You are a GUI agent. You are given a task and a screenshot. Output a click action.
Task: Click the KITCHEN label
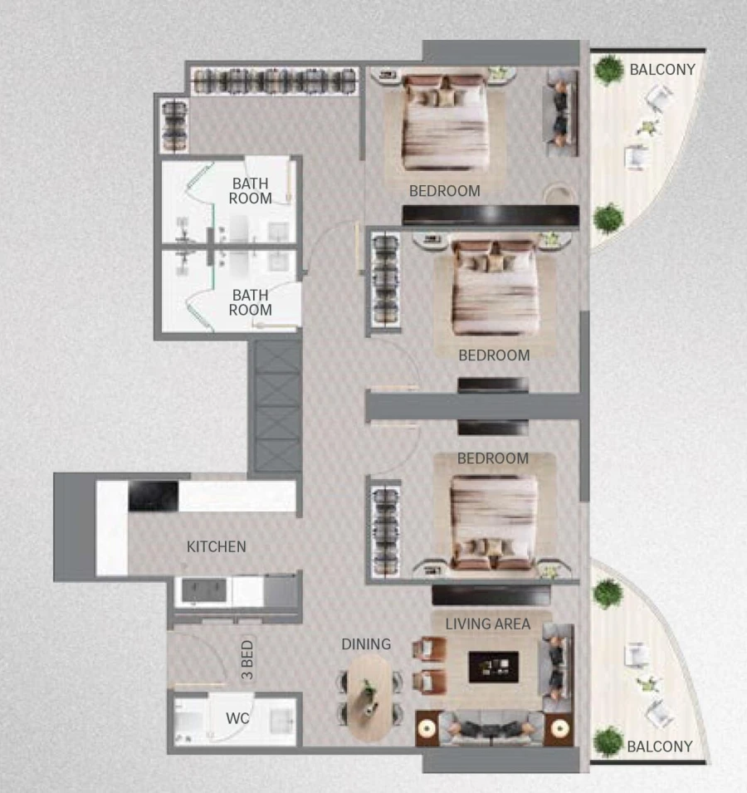(x=216, y=546)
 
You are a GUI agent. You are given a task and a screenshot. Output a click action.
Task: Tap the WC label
(x=238, y=717)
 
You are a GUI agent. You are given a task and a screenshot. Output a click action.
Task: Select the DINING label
(x=366, y=644)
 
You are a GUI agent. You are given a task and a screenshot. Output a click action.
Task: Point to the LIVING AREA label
(x=487, y=624)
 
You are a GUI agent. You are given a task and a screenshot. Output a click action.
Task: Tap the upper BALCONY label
(x=662, y=70)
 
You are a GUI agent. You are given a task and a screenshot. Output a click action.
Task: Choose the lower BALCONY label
(x=659, y=746)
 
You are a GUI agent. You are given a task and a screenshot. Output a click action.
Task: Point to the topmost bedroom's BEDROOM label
(x=444, y=191)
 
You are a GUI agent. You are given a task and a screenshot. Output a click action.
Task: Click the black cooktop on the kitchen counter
(x=154, y=497)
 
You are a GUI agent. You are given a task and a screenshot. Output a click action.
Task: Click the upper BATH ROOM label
(x=251, y=191)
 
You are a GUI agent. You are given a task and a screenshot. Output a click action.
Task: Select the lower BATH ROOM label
(x=251, y=302)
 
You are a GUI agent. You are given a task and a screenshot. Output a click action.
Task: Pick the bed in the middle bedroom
(x=495, y=291)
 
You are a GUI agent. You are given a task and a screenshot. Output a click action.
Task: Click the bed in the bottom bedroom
(x=494, y=521)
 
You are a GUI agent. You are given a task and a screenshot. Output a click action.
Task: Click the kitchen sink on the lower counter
(x=203, y=591)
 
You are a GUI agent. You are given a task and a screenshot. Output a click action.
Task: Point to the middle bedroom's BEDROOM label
(x=494, y=355)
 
